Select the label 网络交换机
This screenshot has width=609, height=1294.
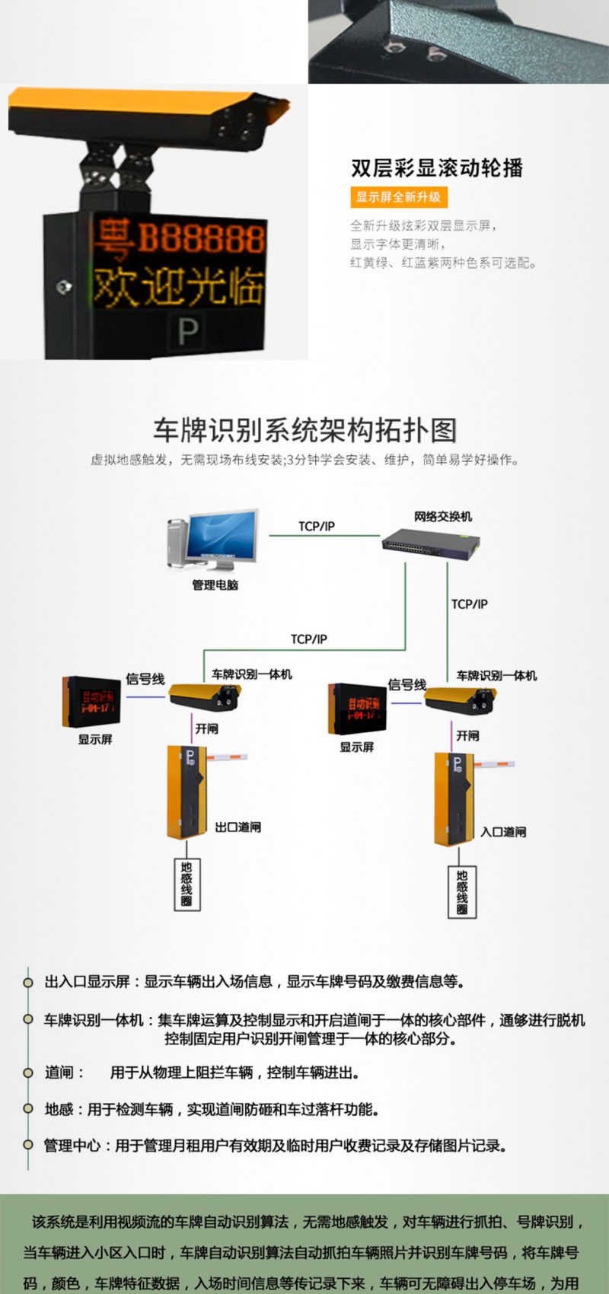(443, 517)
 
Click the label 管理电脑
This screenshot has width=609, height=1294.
(215, 585)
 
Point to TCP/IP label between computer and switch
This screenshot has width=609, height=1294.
(317, 526)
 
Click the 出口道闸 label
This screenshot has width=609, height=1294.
(238, 827)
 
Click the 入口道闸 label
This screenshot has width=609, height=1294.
(502, 832)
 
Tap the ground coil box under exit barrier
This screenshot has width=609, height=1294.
(187, 884)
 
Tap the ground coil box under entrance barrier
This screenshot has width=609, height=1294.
(462, 892)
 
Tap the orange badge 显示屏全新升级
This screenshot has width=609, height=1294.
(398, 197)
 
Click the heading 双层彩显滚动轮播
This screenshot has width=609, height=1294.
(437, 168)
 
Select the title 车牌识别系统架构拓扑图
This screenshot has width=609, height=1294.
(304, 430)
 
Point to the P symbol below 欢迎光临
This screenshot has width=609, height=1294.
(187, 330)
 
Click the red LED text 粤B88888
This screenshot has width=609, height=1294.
(179, 237)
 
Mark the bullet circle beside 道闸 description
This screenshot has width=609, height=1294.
(28, 1072)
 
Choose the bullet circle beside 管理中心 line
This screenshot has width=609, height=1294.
(28, 1145)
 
